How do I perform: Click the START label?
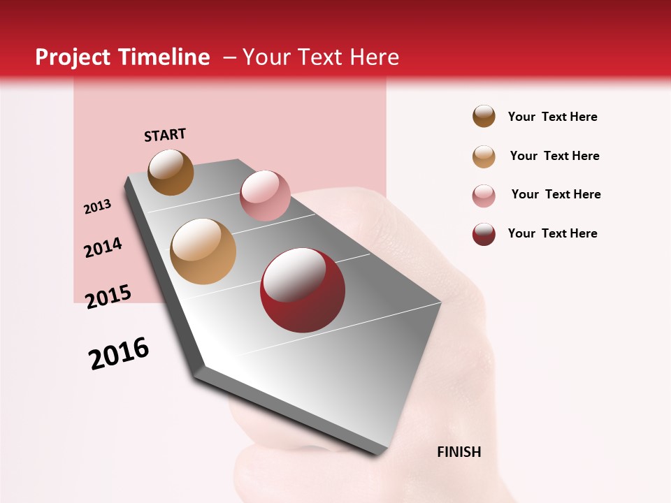pyautogui.click(x=165, y=135)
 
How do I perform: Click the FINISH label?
pyautogui.click(x=459, y=452)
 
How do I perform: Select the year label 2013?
pyautogui.click(x=97, y=207)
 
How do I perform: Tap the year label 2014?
pyautogui.click(x=103, y=247)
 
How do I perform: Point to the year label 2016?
pyautogui.click(x=119, y=353)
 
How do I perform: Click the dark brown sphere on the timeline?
pyautogui.click(x=171, y=172)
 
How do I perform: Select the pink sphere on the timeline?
pyautogui.click(x=265, y=196)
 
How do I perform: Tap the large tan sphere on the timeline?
pyautogui.click(x=203, y=251)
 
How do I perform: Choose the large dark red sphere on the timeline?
pyautogui.click(x=302, y=290)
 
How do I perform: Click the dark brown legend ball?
pyautogui.click(x=484, y=117)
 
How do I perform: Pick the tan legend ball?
pyautogui.click(x=484, y=156)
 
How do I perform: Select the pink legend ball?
pyautogui.click(x=484, y=196)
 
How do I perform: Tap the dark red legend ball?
pyautogui.click(x=484, y=234)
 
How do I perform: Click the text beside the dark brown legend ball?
pyautogui.click(x=552, y=117)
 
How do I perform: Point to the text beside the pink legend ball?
pyautogui.click(x=556, y=194)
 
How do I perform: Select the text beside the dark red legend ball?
pyautogui.click(x=552, y=233)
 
